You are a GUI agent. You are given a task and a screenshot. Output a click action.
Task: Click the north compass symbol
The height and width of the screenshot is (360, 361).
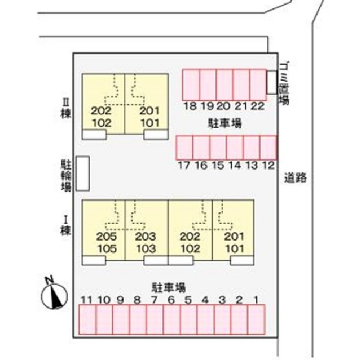point(54,295)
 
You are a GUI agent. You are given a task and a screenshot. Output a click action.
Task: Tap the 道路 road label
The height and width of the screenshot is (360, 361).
point(295,177)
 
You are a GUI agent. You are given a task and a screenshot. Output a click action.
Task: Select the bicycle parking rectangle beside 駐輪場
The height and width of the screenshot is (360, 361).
point(83,174)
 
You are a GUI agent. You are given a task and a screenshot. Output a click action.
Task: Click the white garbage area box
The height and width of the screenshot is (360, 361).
point(272,82)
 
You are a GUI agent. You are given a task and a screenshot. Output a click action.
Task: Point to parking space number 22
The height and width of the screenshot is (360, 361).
point(258,106)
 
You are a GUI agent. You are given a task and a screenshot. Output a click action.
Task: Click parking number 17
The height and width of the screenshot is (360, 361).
point(184,165)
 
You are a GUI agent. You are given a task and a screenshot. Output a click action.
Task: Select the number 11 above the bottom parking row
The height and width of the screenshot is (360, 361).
point(86,300)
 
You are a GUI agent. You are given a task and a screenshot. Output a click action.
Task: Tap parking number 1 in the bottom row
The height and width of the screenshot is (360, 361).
point(256,300)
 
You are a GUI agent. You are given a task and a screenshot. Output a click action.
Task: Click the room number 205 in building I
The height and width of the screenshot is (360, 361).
point(107,237)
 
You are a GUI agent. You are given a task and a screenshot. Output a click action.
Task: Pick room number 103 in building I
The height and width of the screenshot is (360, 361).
point(146,248)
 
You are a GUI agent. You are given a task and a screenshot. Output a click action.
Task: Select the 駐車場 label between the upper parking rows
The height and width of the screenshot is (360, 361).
point(224,123)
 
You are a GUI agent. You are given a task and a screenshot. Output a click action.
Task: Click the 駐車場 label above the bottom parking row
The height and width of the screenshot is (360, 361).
point(169,287)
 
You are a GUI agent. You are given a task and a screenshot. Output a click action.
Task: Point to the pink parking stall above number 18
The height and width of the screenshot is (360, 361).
point(191,85)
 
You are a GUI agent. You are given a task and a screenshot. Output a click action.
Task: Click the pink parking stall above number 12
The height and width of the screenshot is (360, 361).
point(268,148)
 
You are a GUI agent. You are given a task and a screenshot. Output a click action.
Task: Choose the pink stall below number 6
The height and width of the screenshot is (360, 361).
point(171,319)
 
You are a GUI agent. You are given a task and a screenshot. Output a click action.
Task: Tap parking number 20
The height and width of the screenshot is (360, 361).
point(224,106)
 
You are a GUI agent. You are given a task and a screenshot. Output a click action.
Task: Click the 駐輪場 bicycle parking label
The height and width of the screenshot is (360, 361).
point(66,175)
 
